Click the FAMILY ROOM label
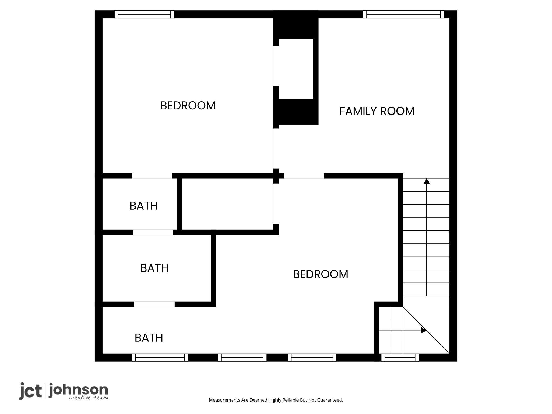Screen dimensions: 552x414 377,111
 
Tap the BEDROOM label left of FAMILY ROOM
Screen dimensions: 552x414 188,106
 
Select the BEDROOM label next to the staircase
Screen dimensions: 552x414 320,274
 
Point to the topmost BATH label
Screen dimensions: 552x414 144,206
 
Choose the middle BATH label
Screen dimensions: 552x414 154,268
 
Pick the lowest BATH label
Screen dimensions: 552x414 149,338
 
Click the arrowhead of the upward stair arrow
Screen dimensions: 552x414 426,181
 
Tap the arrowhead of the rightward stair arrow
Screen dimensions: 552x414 423,330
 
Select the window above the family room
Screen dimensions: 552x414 403,14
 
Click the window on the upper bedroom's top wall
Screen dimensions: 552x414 144,14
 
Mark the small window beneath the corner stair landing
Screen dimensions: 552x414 400,358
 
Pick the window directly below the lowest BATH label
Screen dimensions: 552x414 160,358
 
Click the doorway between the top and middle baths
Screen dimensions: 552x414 153,232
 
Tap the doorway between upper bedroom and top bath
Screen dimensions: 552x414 152,176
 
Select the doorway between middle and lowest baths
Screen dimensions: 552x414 154,304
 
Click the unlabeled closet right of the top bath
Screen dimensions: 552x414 227,204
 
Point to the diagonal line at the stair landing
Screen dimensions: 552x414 426,330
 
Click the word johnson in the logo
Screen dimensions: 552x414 78,391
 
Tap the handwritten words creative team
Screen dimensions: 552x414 88,398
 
